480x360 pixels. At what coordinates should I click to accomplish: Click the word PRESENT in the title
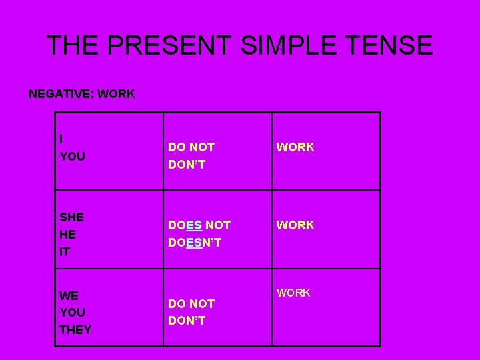pyautogui.click(x=168, y=45)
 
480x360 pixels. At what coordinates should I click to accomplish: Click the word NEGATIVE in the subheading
pyautogui.click(x=60, y=94)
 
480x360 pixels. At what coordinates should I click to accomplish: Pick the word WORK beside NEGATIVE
pyautogui.click(x=115, y=94)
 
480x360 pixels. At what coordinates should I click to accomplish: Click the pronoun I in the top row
pyautogui.click(x=61, y=139)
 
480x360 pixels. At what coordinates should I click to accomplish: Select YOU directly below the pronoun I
pyautogui.click(x=73, y=157)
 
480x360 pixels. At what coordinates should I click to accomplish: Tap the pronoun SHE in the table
pyautogui.click(x=72, y=217)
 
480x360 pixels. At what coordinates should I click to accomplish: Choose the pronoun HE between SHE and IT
pyautogui.click(x=67, y=235)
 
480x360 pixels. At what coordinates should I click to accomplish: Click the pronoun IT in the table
pyautogui.click(x=65, y=252)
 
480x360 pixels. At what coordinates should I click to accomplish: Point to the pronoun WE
pyautogui.click(x=69, y=295)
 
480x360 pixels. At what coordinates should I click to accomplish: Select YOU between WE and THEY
pyautogui.click(x=73, y=313)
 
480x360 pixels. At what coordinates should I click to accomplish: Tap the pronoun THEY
pyautogui.click(x=76, y=330)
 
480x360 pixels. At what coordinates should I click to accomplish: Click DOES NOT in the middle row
pyautogui.click(x=199, y=226)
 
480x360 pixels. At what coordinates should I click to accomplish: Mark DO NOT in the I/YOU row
pyautogui.click(x=191, y=147)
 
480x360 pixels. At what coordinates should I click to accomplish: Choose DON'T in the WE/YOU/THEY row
pyautogui.click(x=187, y=321)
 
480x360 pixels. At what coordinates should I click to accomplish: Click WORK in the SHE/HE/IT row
pyautogui.click(x=295, y=225)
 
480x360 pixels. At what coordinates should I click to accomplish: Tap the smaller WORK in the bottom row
pyautogui.click(x=294, y=293)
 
